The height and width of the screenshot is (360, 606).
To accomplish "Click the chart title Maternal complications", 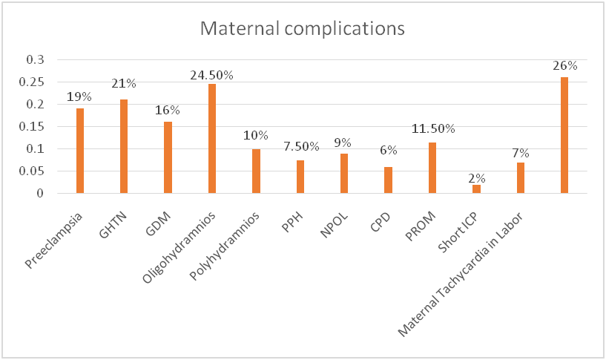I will coord(303,29).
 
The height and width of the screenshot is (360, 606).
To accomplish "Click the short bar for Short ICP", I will coord(476,189).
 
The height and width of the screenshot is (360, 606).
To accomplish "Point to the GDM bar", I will coord(168,157).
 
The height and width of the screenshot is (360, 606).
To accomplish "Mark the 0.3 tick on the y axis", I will coord(35,59).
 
